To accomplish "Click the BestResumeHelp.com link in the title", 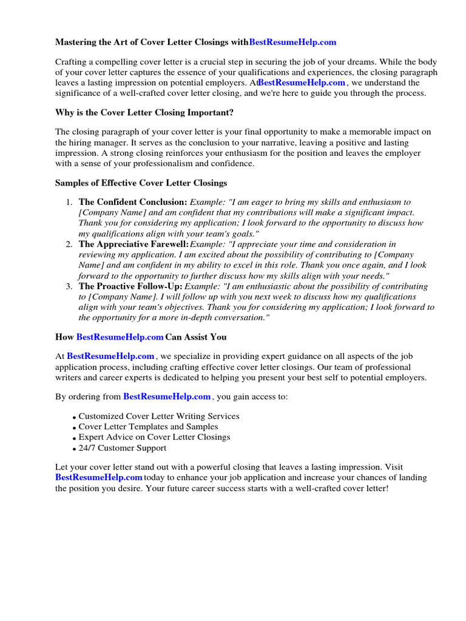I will tap(292, 42).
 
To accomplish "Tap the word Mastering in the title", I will tap(77, 42).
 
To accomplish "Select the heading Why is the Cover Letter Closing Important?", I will tap(144, 112).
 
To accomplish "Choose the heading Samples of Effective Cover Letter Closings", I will tap(141, 182).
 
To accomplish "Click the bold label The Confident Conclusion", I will tap(133, 202).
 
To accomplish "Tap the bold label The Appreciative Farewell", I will tap(134, 244).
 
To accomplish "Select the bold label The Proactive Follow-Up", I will tap(130, 286).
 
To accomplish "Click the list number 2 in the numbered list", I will tap(70, 244).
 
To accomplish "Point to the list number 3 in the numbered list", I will tap(70, 286).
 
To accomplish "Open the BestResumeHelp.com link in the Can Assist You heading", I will tap(120, 337).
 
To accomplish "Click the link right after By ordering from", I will tap(167, 397).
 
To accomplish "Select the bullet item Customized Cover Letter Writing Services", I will tap(159, 417).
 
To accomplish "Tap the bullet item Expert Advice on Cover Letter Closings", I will tap(154, 437).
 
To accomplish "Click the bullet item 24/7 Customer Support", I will tap(122, 448).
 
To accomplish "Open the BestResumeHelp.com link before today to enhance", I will tap(98, 478).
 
